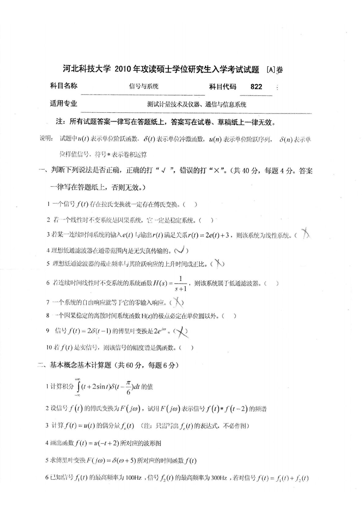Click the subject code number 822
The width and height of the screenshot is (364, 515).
click(x=256, y=87)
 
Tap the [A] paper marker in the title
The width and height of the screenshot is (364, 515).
click(x=271, y=70)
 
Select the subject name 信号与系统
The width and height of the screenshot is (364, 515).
click(x=144, y=86)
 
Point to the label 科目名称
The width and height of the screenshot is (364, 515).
click(x=64, y=86)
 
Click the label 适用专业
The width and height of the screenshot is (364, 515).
click(x=64, y=103)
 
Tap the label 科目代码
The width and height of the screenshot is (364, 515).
click(x=223, y=87)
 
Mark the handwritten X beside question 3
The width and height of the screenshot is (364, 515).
click(x=305, y=234)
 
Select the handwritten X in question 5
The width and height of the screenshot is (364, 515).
click(x=218, y=263)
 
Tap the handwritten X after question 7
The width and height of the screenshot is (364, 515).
click(x=177, y=302)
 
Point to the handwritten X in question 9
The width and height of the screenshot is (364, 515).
click(x=181, y=331)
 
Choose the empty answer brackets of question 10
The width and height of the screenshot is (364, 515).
click(x=187, y=348)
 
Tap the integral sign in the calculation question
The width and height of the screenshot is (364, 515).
click(x=78, y=387)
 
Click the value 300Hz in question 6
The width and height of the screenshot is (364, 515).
click(x=219, y=478)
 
